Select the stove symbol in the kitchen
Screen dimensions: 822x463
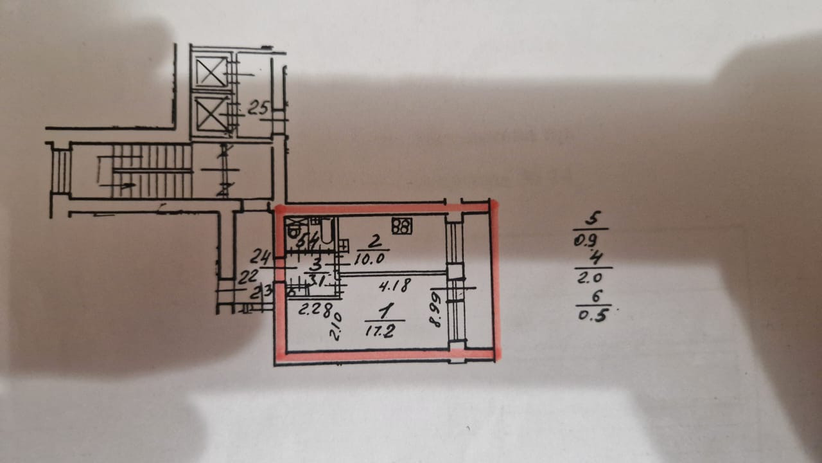pyautogui.click(x=402, y=226)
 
